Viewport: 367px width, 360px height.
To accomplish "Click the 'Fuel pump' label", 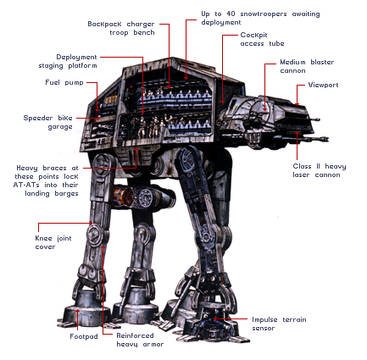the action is [x=64, y=82].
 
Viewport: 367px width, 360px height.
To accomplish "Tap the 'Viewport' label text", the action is [x=323, y=85].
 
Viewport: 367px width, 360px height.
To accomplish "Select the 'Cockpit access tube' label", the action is [x=262, y=39].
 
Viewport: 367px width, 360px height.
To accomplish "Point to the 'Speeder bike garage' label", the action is [x=48, y=122].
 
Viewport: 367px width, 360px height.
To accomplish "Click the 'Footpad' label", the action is [x=84, y=336].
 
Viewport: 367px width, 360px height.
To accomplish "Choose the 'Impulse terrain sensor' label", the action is [x=279, y=324].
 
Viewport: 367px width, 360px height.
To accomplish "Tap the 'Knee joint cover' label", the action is [x=53, y=242].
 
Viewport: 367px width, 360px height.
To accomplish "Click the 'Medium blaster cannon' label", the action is [x=307, y=66].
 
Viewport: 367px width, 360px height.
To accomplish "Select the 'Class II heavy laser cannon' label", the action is [x=320, y=170].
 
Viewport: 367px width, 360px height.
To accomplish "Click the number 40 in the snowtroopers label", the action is [x=231, y=14].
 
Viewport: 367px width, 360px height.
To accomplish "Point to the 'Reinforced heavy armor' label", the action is [x=140, y=340].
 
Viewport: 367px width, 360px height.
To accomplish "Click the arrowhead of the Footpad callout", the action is [x=78, y=311].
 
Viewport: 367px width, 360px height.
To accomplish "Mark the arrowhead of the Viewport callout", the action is [x=297, y=103].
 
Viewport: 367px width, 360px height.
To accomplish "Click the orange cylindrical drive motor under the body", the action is [x=123, y=196].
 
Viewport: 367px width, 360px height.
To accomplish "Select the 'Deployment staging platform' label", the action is [x=68, y=61].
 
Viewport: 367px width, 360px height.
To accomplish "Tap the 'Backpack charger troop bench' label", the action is [x=121, y=28].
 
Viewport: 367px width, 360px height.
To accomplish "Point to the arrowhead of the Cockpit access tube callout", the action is [x=223, y=102].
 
